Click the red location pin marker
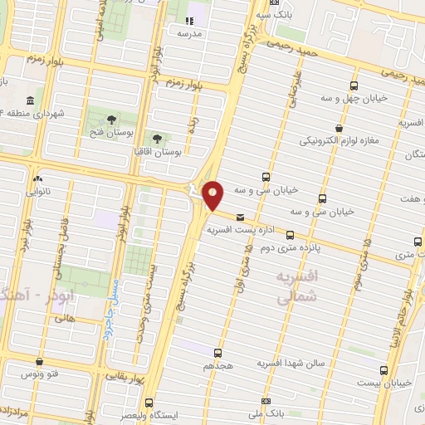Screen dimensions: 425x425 pyautogui.click(x=213, y=194)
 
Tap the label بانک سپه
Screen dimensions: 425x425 pyautogui.click(x=274, y=14)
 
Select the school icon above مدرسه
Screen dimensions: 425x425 pyautogui.click(x=188, y=20)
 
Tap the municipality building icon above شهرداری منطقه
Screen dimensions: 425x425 pyautogui.click(x=30, y=100)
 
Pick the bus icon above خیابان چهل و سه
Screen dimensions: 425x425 pyautogui.click(x=355, y=85)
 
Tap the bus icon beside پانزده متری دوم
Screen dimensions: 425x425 pyautogui.click(x=290, y=235)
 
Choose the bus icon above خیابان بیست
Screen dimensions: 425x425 pyautogui.click(x=383, y=370)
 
